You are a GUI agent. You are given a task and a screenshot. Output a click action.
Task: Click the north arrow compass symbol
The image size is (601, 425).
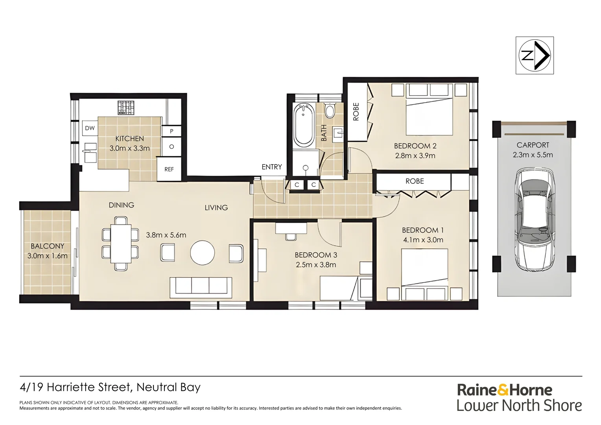tap(535, 55)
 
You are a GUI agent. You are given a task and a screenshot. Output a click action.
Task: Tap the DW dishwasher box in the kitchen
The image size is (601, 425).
tap(90, 128)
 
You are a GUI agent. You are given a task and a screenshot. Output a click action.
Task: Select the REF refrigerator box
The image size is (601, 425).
tap(169, 169)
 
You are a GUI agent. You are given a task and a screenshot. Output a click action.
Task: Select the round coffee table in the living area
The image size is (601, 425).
tap(202, 253)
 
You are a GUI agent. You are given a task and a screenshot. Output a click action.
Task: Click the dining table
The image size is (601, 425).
tap(121, 244)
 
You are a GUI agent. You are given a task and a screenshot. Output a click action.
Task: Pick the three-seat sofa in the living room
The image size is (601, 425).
tap(201, 288)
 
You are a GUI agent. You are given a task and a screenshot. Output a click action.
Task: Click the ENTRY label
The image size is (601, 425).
tap(272, 167)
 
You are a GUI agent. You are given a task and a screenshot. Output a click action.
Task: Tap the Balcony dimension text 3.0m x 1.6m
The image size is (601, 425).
tap(47, 256)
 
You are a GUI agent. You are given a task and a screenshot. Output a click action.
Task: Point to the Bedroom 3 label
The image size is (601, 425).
tap(316, 255)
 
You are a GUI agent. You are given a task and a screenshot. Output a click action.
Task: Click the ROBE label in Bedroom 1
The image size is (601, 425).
tap(415, 181)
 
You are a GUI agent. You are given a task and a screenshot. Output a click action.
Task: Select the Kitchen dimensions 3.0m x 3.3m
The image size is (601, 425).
tap(129, 148)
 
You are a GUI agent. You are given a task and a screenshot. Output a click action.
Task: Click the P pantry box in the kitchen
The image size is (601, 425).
tap(172, 131)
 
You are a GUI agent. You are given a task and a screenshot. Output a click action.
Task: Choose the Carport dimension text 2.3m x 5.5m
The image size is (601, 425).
tap(533, 155)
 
